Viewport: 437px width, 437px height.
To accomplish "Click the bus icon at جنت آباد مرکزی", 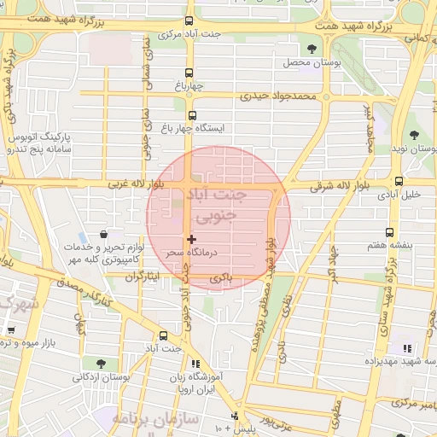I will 189,21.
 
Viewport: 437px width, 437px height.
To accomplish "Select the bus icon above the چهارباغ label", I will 190,73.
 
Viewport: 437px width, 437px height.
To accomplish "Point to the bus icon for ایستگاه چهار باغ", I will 191,115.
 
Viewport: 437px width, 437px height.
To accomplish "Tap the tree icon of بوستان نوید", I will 414,134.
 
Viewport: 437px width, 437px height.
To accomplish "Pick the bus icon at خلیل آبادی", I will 399,181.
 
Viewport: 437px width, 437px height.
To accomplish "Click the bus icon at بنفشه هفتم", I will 390,232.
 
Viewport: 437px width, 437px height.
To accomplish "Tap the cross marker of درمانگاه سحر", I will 191,240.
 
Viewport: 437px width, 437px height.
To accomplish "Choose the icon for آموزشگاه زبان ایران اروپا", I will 196,364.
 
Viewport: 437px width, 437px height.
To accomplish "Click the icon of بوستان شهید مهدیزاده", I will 407,347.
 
